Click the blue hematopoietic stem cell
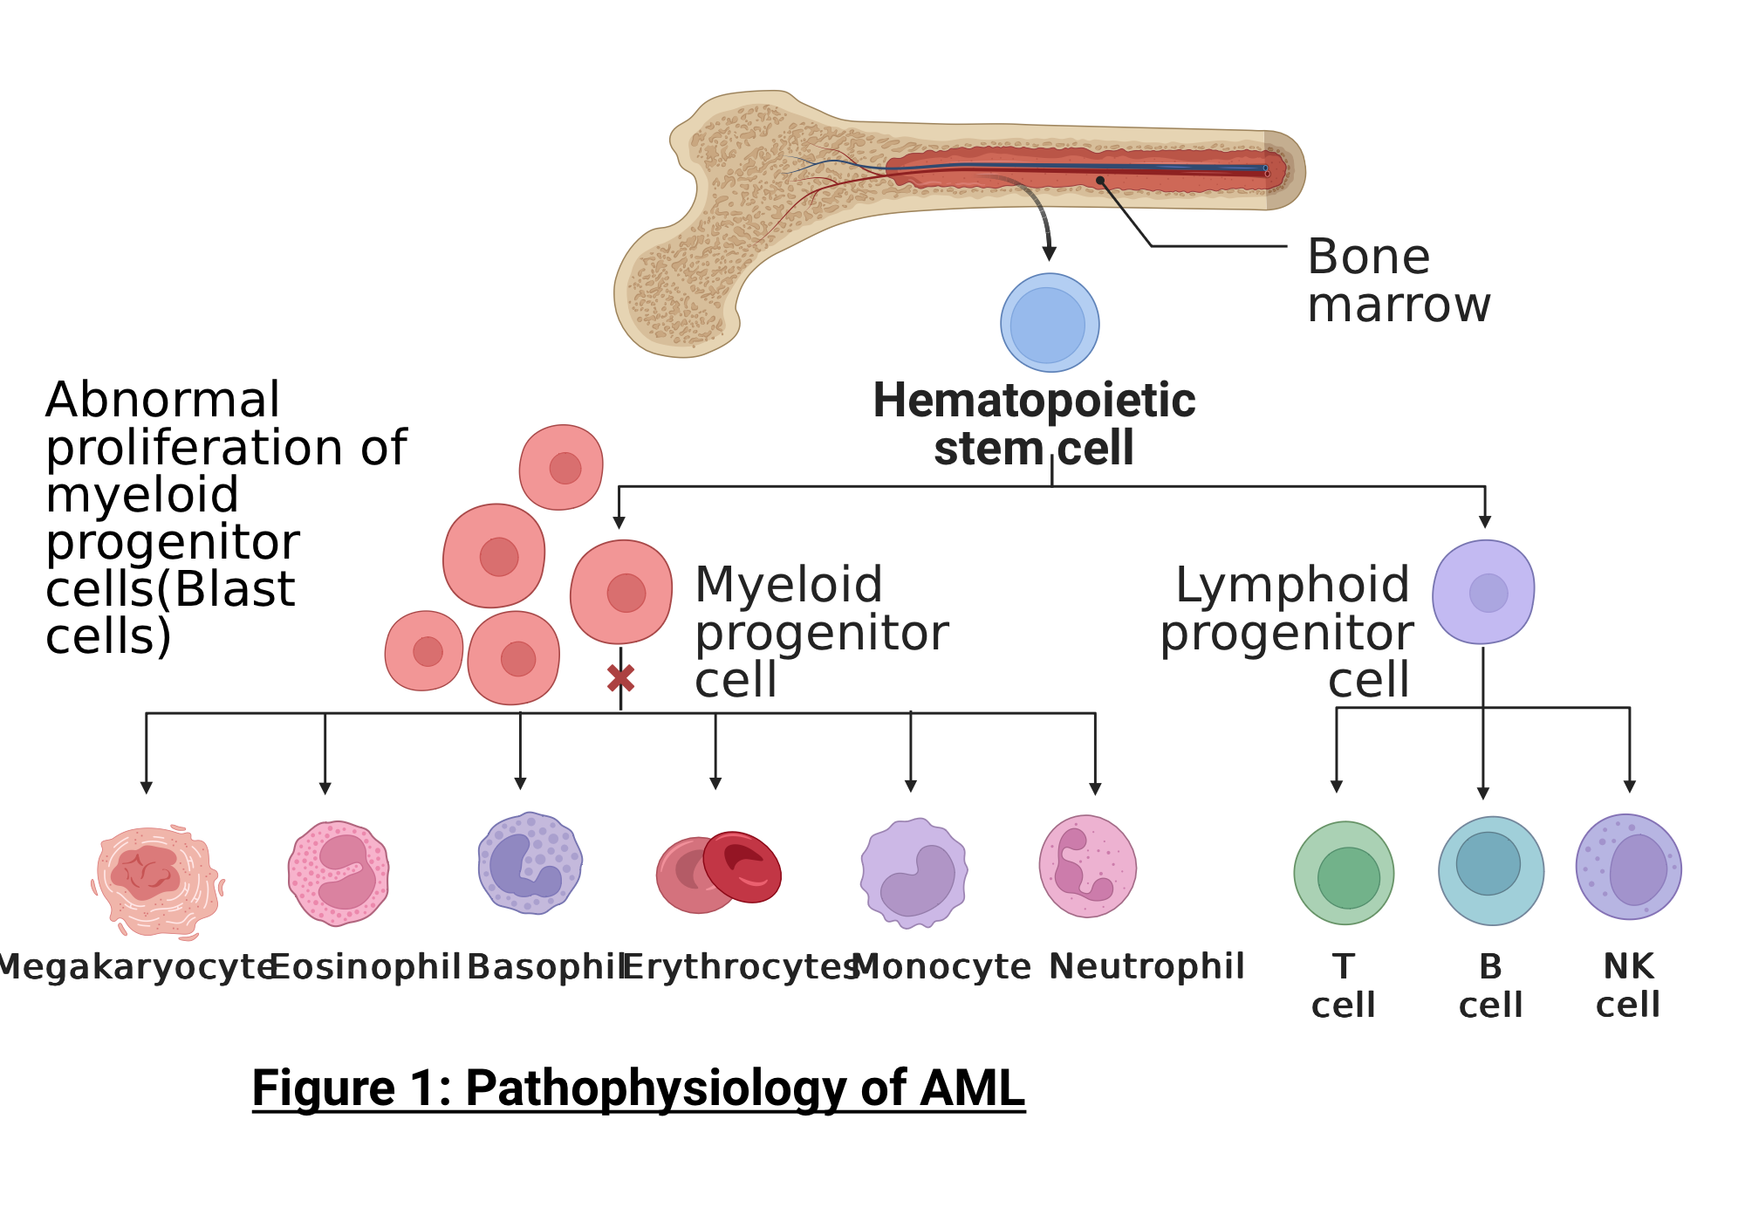coord(1050,324)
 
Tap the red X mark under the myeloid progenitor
coord(620,678)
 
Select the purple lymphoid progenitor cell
coord(1483,592)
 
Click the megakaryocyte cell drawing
coord(157,880)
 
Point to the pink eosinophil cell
coord(339,873)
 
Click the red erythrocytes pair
coord(719,871)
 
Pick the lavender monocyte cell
coord(914,873)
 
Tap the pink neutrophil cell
coord(1088,866)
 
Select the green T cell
coord(1344,873)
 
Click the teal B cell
coord(1490,870)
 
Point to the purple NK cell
coord(1628,867)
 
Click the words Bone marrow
coord(1399,281)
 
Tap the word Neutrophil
coord(1146,966)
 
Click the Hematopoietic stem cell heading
coord(1034,424)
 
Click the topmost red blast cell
coord(561,467)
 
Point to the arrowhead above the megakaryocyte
coord(147,787)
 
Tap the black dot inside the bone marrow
coord(1101,181)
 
